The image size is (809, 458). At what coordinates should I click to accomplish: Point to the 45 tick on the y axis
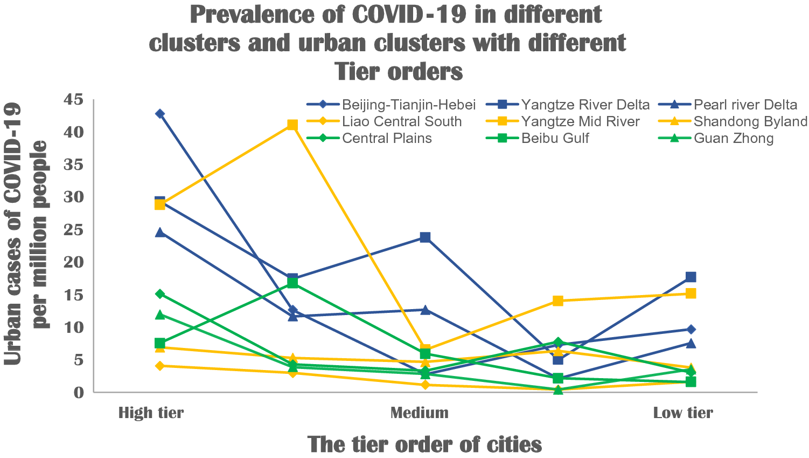tap(74, 99)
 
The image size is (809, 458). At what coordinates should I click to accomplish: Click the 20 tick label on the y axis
tap(74, 262)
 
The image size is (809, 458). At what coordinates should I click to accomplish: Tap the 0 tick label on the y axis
tap(79, 392)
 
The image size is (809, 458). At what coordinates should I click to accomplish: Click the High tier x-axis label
tap(151, 413)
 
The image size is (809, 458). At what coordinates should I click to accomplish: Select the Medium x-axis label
tap(419, 413)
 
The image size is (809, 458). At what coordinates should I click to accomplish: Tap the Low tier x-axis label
tap(682, 413)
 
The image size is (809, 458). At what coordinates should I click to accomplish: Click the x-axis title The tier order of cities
tap(424, 445)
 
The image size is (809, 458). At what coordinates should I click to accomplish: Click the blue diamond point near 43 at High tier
tap(159, 114)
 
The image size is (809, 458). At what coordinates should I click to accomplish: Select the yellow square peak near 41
tap(292, 125)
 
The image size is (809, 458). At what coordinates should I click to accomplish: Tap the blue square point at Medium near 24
tap(425, 237)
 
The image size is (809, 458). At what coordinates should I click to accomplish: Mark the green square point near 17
tap(292, 283)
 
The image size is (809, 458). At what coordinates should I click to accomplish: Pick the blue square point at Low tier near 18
tap(691, 277)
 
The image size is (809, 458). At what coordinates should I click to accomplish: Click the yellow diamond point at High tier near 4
tap(159, 366)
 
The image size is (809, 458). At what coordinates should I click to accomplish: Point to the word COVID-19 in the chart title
tap(409, 15)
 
